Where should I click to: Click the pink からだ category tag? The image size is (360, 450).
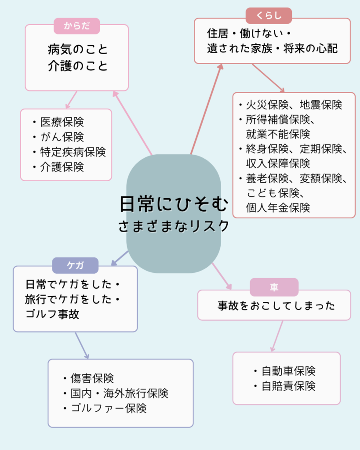point(76,26)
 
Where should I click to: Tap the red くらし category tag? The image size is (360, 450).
point(269,15)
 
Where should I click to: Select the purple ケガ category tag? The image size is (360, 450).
point(75,265)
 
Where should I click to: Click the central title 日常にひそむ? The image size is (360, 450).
point(174,204)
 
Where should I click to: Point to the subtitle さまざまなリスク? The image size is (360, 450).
point(174,226)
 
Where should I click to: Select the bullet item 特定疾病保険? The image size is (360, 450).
point(73,152)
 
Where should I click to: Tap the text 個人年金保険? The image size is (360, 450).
point(278,207)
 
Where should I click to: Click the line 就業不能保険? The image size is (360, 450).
point(278,134)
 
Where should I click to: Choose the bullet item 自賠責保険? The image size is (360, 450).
point(288,386)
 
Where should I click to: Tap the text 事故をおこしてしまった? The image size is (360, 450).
point(276,306)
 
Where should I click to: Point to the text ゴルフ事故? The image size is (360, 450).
point(52,314)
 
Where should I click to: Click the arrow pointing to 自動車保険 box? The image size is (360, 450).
point(277,336)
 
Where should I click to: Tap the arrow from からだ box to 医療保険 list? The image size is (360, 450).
point(71,100)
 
